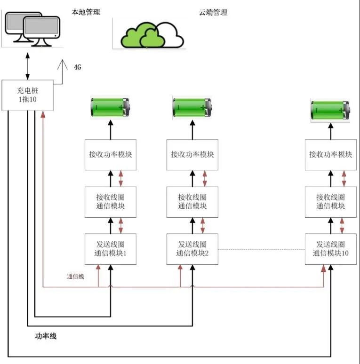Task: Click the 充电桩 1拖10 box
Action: coord(27,95)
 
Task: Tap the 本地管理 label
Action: coord(86,12)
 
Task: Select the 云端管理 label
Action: coord(213,12)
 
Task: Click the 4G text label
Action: coord(78,67)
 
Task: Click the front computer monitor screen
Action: coord(41,26)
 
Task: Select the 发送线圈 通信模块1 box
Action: coord(110,249)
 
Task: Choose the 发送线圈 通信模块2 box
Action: coord(192,249)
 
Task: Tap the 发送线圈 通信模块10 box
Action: coord(330,249)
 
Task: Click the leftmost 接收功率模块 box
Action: coord(110,155)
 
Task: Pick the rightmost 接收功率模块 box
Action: coord(330,155)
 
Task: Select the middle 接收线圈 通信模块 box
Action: coord(192,202)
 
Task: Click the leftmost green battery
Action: coord(110,107)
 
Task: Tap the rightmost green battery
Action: coord(330,110)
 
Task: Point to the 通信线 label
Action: coord(75,276)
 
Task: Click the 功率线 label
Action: coord(46,336)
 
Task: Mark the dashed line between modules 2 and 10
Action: coord(262,249)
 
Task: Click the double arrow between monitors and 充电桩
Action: coord(28,66)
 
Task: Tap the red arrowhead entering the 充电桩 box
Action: coord(43,114)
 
